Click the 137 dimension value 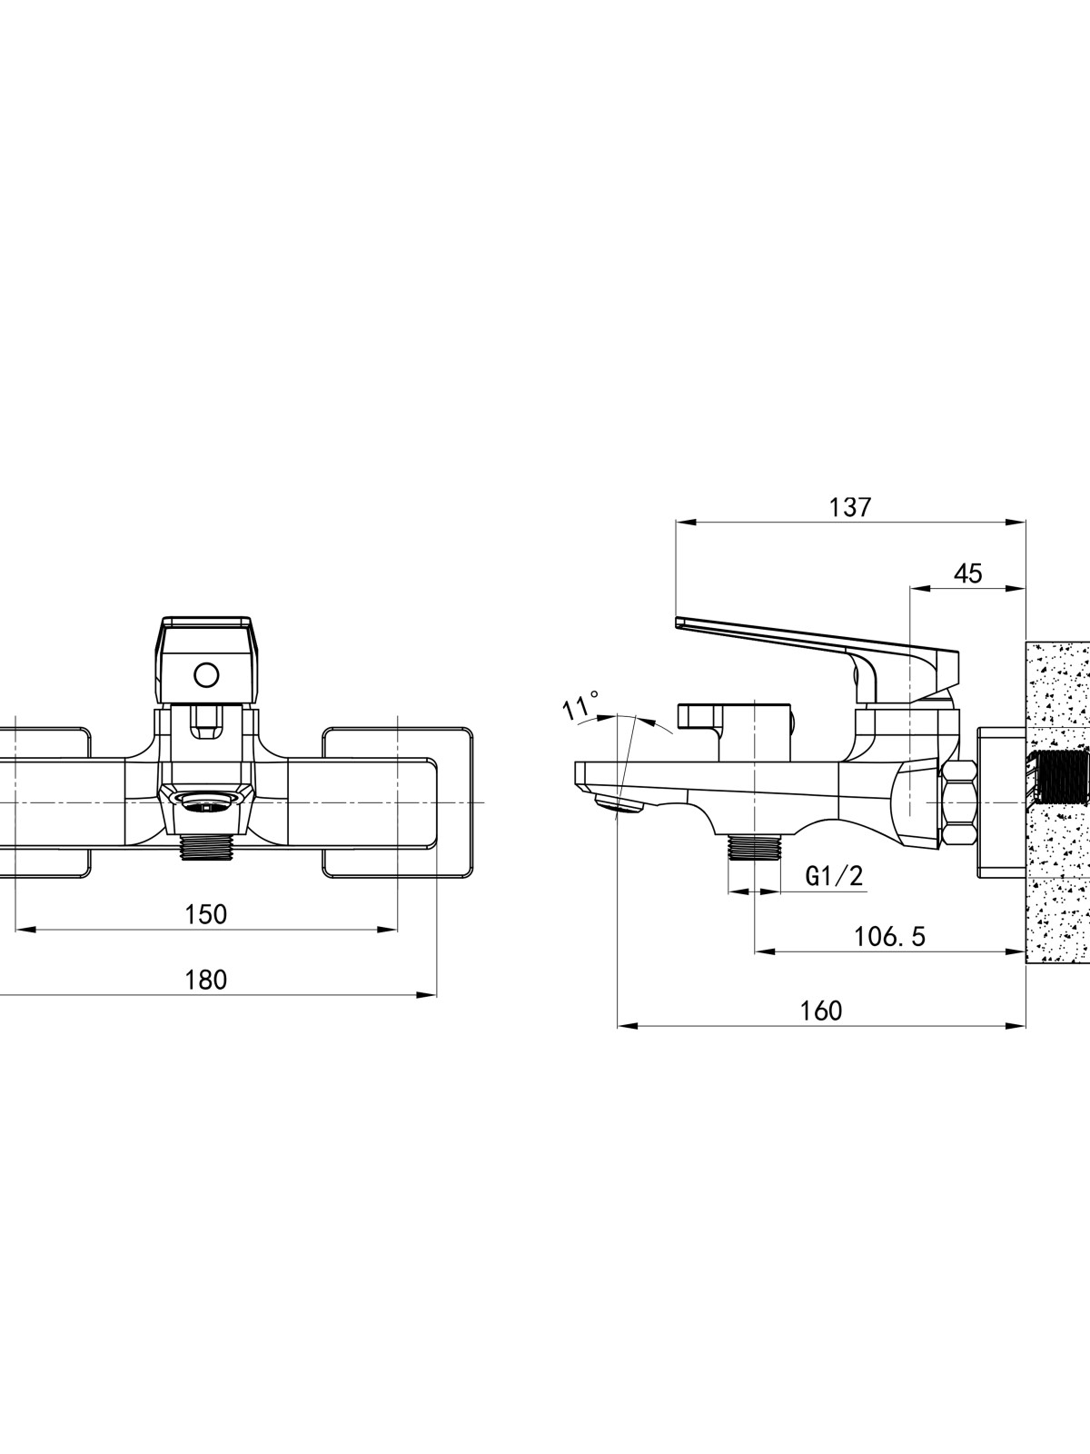click(x=850, y=507)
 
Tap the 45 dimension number click(x=967, y=573)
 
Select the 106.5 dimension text click(x=889, y=937)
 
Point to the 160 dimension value click(x=821, y=1011)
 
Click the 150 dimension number click(x=206, y=914)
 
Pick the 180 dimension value click(x=206, y=980)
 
